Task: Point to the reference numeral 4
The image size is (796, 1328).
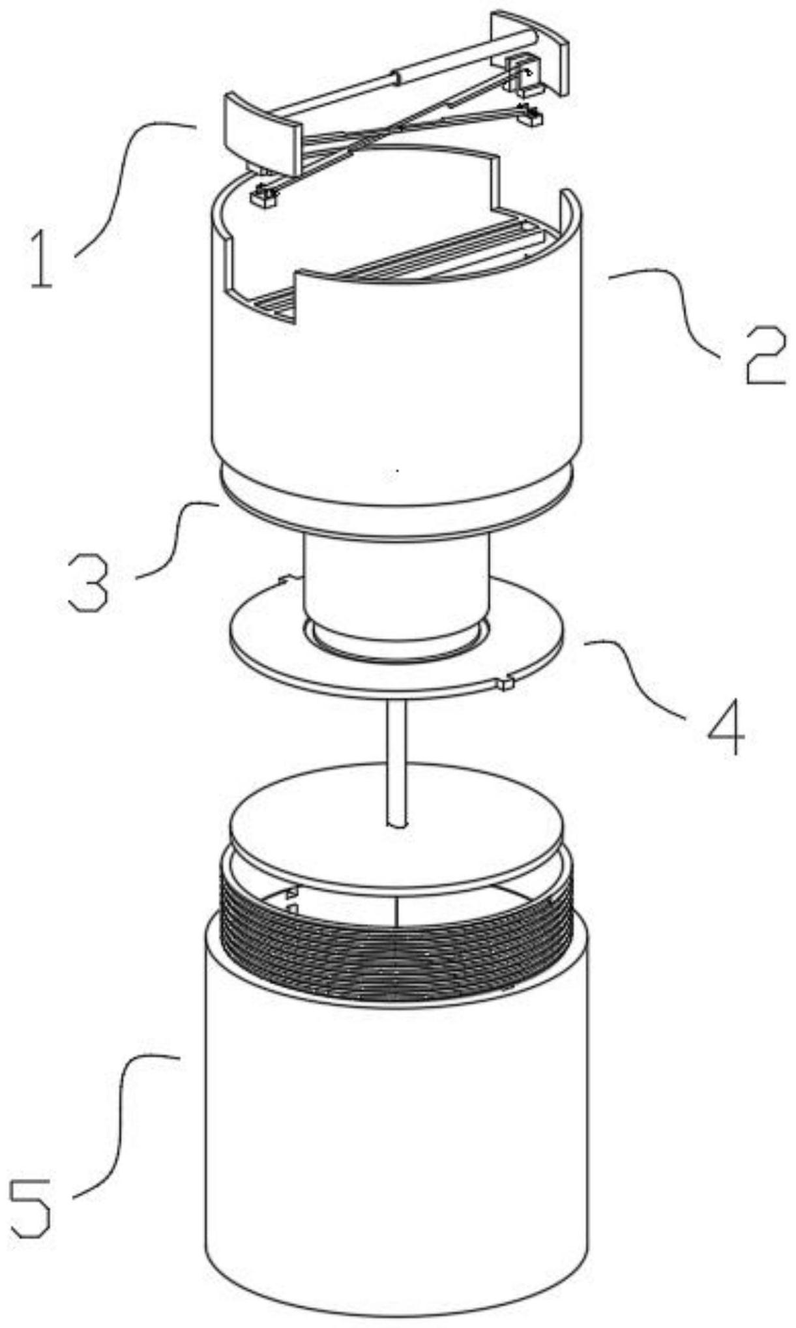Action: click(x=726, y=727)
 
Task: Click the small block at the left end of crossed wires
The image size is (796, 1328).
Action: click(x=263, y=198)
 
